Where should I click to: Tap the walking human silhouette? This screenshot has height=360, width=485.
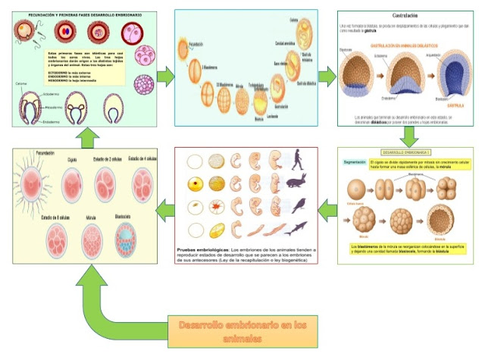click(x=298, y=160)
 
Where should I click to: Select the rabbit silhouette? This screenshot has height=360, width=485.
click(x=297, y=183)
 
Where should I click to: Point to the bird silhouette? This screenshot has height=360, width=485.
click(x=299, y=205)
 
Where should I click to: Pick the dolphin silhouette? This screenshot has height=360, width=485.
click(x=298, y=227)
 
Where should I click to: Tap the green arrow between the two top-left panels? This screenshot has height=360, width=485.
click(x=166, y=77)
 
